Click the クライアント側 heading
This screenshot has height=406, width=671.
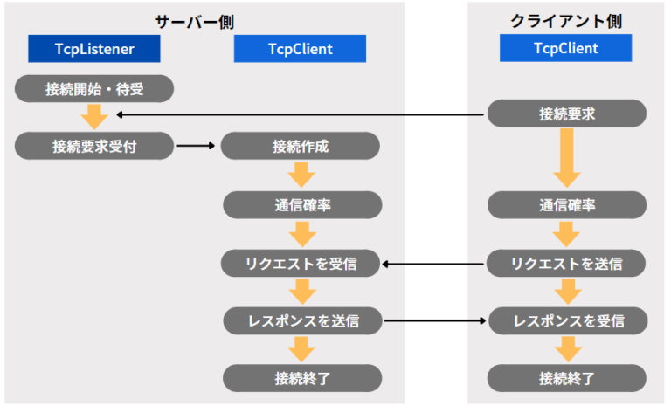pos(565,20)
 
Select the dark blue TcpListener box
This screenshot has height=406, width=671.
pos(94,49)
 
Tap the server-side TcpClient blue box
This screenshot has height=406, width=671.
pos(300,49)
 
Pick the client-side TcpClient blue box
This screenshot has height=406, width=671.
pos(565,48)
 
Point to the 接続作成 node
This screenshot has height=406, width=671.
pos(300,146)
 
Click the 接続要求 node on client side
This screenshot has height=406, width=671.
pos(566,114)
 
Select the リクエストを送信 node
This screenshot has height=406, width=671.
pos(566,263)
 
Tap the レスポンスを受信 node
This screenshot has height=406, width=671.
pos(566,320)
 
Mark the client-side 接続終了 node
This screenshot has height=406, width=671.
pos(566,378)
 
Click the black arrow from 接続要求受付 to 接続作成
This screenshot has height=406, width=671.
pos(197,146)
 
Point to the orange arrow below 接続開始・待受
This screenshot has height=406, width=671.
pos(93,116)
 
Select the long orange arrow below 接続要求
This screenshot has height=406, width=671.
pos(566,158)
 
